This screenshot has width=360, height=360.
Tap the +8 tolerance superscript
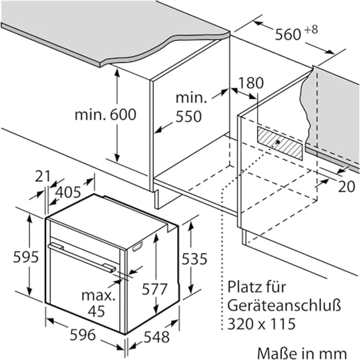click(311, 29)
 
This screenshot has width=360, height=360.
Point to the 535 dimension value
click(194, 258)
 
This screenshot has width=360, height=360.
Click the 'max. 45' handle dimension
click(99, 303)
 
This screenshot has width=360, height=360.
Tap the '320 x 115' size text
click(261, 324)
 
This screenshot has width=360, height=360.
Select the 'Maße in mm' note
click(301, 353)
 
